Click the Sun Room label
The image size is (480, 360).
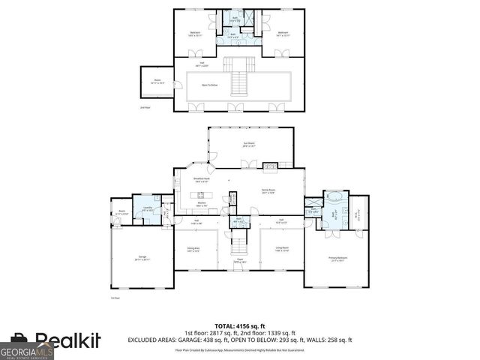point(249,145)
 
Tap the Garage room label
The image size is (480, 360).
point(142,258)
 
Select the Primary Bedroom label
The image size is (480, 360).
point(339,258)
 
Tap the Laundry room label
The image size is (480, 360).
point(148,208)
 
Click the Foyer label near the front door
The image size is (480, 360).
point(238,262)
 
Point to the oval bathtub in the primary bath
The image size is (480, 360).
point(334,199)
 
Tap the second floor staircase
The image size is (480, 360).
point(239,79)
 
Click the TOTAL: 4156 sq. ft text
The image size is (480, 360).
point(239,326)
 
